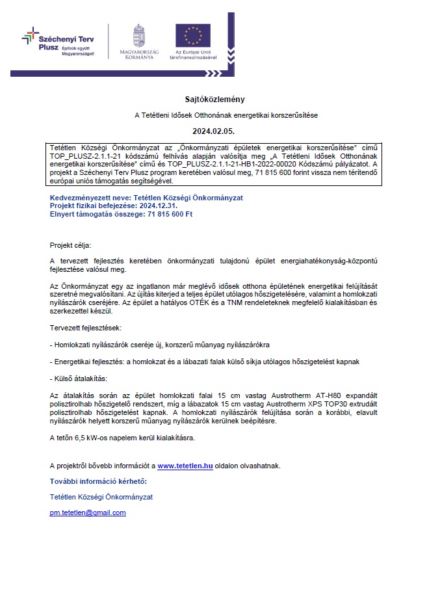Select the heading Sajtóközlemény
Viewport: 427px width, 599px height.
pos(213,99)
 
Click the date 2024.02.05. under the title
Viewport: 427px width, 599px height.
pos(213,131)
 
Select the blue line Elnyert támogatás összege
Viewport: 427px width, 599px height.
pos(121,213)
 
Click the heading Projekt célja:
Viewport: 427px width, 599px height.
pos(71,246)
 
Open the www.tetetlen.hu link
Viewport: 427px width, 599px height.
pos(185,466)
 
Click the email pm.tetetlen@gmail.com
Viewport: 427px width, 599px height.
pos(88,512)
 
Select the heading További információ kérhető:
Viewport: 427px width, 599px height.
pos(98,481)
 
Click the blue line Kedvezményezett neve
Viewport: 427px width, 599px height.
pos(140,197)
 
